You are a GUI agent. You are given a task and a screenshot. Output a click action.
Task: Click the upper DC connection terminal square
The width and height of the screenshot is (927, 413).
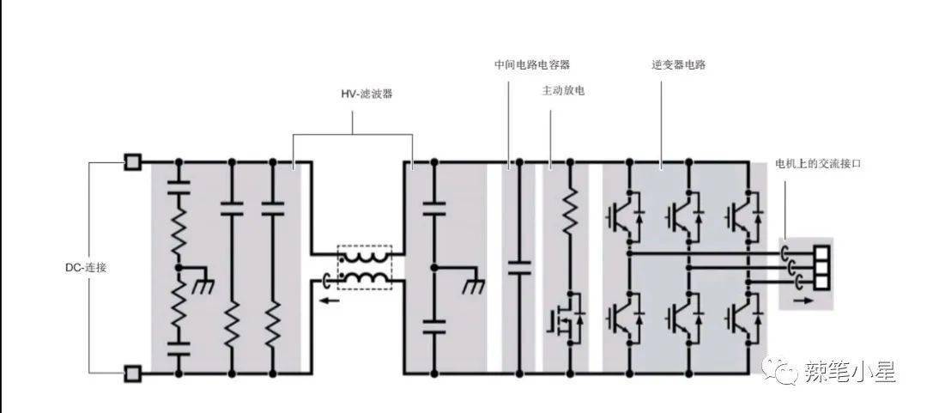[x=133, y=161]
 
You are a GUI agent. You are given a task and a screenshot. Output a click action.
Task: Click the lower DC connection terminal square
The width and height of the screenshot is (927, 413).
[x=133, y=374]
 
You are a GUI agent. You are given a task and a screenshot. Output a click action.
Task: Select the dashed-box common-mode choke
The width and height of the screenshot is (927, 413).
[x=365, y=266]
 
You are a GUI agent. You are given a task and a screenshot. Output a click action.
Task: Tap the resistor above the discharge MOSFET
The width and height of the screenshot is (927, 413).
[x=568, y=211]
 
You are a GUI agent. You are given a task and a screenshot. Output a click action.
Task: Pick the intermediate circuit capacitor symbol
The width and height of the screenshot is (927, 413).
[x=516, y=267]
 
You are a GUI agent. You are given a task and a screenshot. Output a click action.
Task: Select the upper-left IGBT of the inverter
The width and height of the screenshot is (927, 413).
[x=624, y=214]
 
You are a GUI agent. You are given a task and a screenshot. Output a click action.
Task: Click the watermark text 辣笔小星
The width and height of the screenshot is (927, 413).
[x=850, y=372]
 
